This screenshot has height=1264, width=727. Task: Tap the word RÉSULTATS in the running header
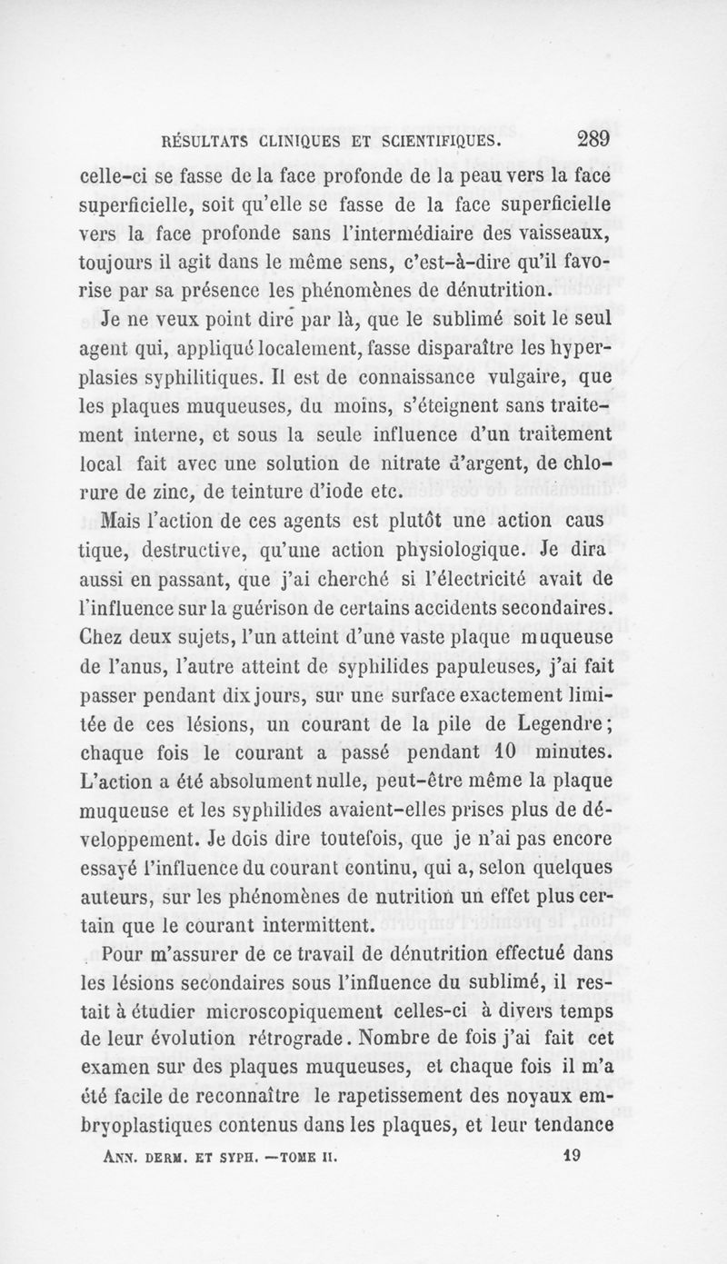coord(205,142)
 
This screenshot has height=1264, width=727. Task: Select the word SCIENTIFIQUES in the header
coord(437,142)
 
